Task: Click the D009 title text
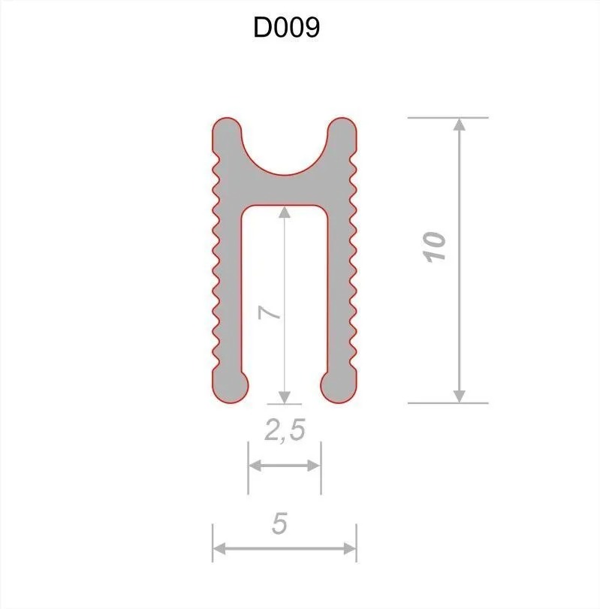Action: [x=286, y=28]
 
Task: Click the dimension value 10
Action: [x=434, y=247]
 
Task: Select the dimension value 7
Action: [x=270, y=312]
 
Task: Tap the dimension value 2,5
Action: [x=285, y=430]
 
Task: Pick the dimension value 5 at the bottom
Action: [x=279, y=523]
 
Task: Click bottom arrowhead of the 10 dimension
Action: [x=460, y=396]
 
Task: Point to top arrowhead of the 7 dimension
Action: [x=285, y=212]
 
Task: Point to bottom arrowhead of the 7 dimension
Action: [x=285, y=397]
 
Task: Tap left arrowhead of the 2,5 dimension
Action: [x=255, y=466]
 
